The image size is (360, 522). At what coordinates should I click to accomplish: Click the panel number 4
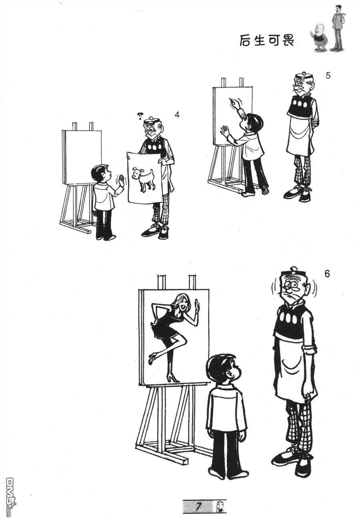pyautogui.click(x=177, y=115)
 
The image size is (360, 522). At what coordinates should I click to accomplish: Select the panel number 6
pyautogui.click(x=327, y=274)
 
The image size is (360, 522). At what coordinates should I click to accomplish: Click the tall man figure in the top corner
pyautogui.click(x=337, y=28)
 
